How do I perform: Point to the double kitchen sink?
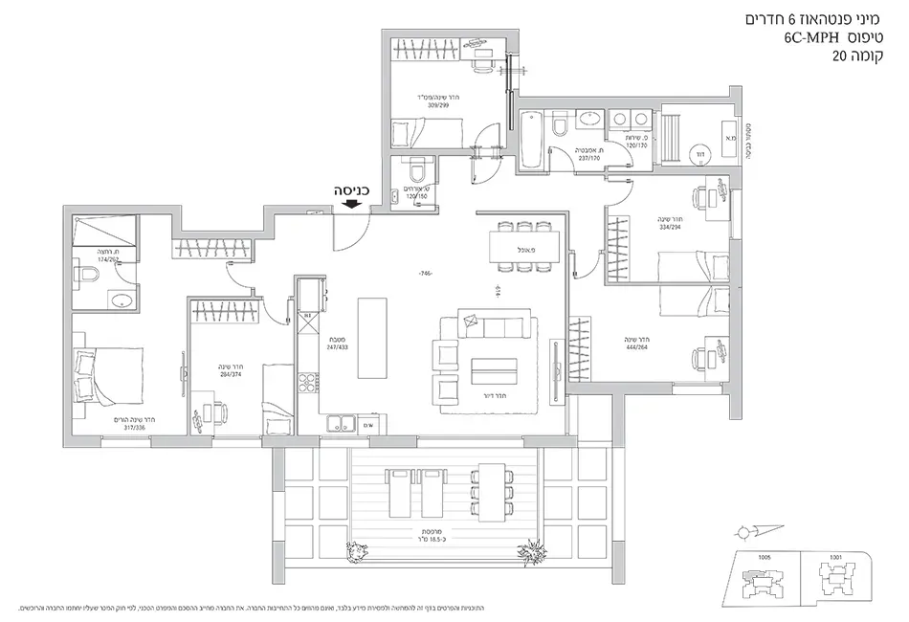point(340,424)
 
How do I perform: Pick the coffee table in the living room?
point(494,369)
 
